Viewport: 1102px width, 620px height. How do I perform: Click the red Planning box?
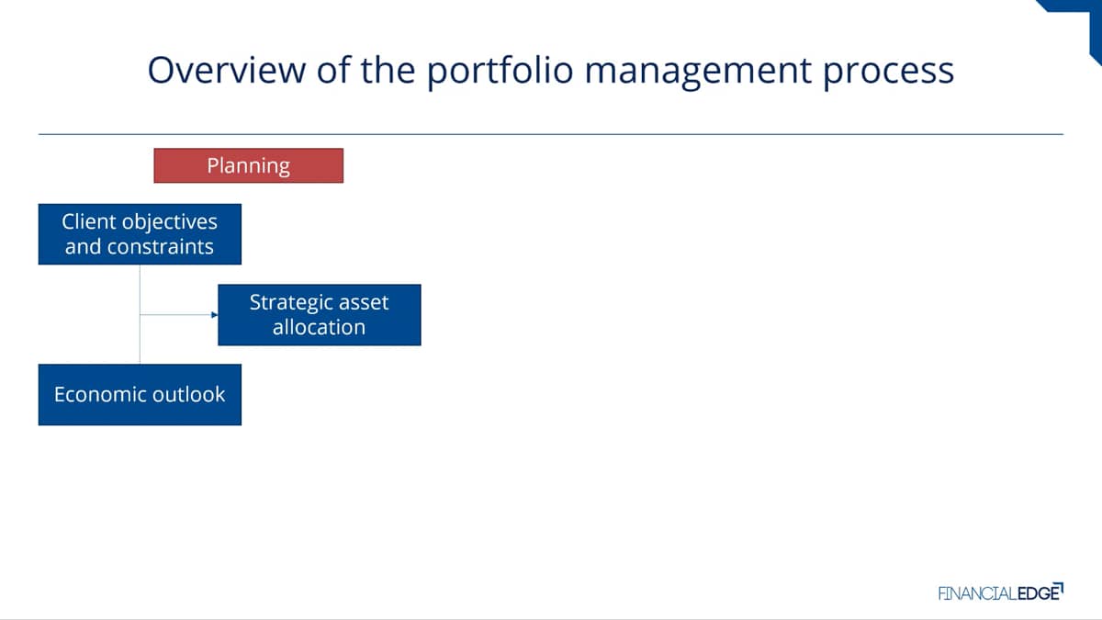[x=249, y=165]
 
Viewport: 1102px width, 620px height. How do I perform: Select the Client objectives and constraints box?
[x=140, y=234]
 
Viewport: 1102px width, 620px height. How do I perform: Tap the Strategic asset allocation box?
[x=320, y=315]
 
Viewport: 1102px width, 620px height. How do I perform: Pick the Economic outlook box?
[x=140, y=395]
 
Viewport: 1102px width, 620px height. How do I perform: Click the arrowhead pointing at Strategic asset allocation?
[x=215, y=314]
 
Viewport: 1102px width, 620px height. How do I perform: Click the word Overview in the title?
[x=227, y=70]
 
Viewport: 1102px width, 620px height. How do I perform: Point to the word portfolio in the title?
[x=500, y=72]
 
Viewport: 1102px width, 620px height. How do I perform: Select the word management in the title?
[x=698, y=73]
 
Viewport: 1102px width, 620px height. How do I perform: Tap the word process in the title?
[x=889, y=73]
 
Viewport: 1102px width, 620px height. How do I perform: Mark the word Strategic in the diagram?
[x=286, y=303]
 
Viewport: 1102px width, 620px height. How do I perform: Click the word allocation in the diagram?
[x=320, y=327]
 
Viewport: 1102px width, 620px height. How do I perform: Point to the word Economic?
[x=93, y=394]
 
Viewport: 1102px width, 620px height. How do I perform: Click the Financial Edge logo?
[x=1001, y=592]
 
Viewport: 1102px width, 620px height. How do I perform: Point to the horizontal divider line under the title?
[x=551, y=134]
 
